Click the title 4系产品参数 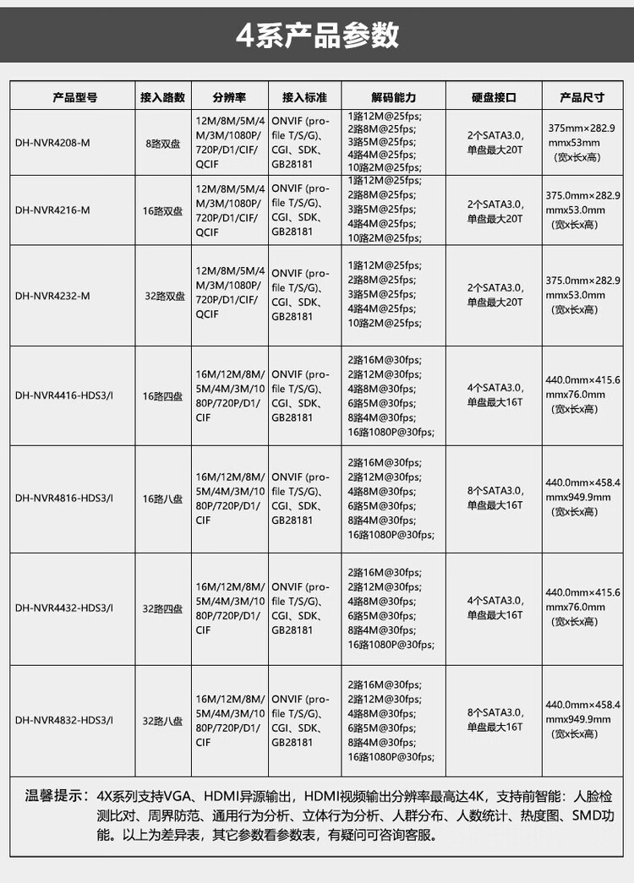(317, 35)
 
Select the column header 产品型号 (75, 97)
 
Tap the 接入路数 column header (162, 97)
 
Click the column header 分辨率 (229, 97)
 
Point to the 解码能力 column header (394, 97)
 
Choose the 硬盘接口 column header (494, 97)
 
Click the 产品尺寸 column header (582, 97)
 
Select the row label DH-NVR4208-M (52, 142)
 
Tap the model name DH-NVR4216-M (52, 211)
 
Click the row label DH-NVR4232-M (52, 296)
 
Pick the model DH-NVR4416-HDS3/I (64, 395)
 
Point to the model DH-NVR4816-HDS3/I (64, 499)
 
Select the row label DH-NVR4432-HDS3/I (64, 608)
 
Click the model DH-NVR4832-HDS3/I (64, 721)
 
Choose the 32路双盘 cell (164, 296)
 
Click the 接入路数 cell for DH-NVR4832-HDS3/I (162, 721)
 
